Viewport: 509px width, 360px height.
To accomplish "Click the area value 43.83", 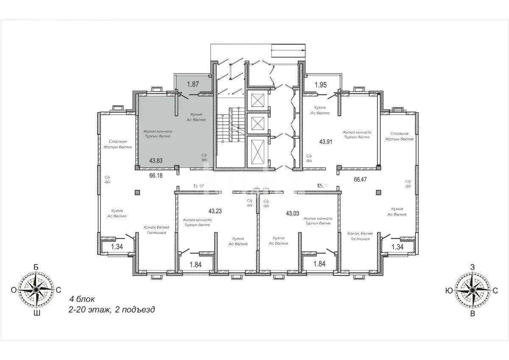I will [x=157, y=161].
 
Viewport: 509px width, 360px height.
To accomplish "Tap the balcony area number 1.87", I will [x=193, y=84].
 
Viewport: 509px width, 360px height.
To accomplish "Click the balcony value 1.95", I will [x=321, y=85].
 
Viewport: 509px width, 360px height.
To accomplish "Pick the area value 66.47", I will [x=360, y=179].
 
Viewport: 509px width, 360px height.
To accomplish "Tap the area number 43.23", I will [x=215, y=210].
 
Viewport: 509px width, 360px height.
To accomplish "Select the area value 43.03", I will [x=293, y=213].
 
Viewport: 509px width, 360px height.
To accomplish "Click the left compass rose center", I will [x=36, y=290].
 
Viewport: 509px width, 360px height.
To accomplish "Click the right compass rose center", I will [x=472, y=290].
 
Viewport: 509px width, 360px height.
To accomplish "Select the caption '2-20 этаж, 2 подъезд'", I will [x=112, y=310].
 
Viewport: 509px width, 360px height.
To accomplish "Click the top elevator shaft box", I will [x=257, y=100].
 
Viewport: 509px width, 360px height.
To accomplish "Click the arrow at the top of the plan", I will [x=288, y=50].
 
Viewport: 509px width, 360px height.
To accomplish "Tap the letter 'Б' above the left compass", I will [x=36, y=267].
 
